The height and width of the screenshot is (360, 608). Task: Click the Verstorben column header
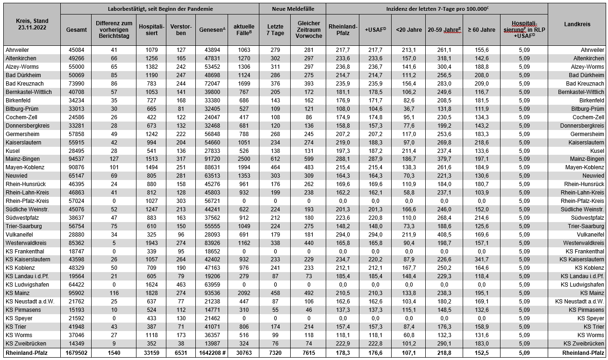[x=181, y=29]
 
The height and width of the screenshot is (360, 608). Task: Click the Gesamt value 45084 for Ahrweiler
[x=77, y=50]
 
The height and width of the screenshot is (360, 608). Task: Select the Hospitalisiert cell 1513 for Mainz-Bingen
[x=150, y=159]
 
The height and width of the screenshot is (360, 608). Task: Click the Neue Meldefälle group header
[x=292, y=8]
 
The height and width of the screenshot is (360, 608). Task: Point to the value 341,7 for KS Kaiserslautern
[x=481, y=259]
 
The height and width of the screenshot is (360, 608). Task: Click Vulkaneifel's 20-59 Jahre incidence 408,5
[x=444, y=235]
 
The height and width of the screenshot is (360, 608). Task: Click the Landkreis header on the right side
[x=577, y=24]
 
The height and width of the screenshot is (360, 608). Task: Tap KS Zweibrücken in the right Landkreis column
[x=584, y=343]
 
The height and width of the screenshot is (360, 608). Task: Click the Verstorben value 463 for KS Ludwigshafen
[x=181, y=284]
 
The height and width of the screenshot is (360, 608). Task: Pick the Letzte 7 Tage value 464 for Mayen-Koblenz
[x=275, y=167]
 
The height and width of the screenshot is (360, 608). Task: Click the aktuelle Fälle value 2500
[x=243, y=159]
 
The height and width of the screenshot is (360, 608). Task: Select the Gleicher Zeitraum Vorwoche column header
[x=308, y=29]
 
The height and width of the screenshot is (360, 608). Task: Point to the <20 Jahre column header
[x=408, y=29]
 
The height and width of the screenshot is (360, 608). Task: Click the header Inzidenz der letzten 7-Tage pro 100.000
[x=436, y=8]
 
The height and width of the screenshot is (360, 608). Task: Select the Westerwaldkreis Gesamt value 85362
[x=77, y=243]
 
